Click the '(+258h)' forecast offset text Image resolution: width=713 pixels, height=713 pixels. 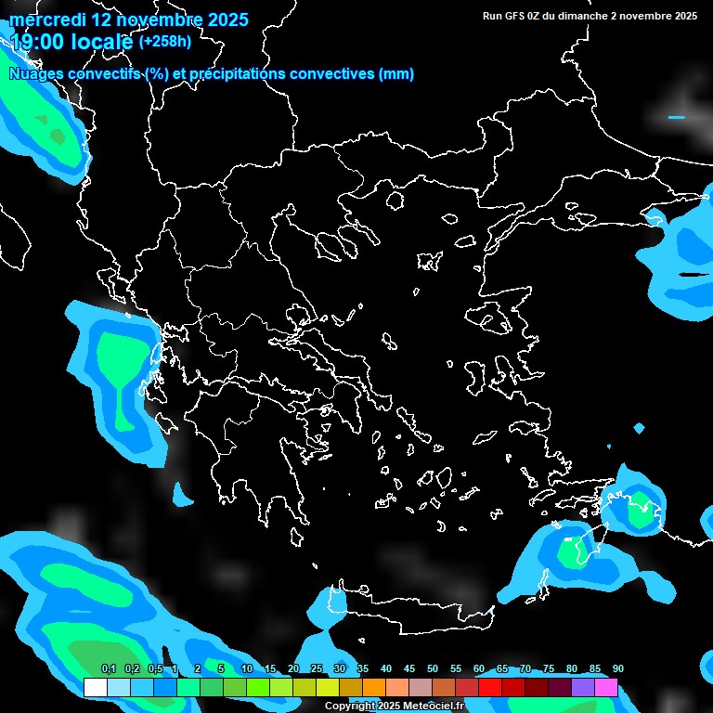[x=165, y=41]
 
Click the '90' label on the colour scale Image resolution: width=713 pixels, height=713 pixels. [x=617, y=669]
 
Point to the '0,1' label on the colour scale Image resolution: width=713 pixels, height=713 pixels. [x=108, y=669]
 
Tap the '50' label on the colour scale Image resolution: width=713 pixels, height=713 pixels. [x=432, y=669]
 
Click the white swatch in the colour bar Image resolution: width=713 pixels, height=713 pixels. [x=95, y=688]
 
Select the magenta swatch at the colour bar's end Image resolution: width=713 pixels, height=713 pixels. [x=606, y=688]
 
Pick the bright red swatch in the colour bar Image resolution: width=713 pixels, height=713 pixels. [x=490, y=688]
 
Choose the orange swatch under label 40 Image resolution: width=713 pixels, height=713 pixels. [x=374, y=688]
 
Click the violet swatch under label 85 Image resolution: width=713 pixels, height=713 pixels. [x=583, y=688]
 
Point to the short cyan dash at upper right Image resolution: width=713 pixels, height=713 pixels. [x=676, y=118]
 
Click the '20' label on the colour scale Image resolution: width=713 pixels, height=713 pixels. [x=292, y=669]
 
